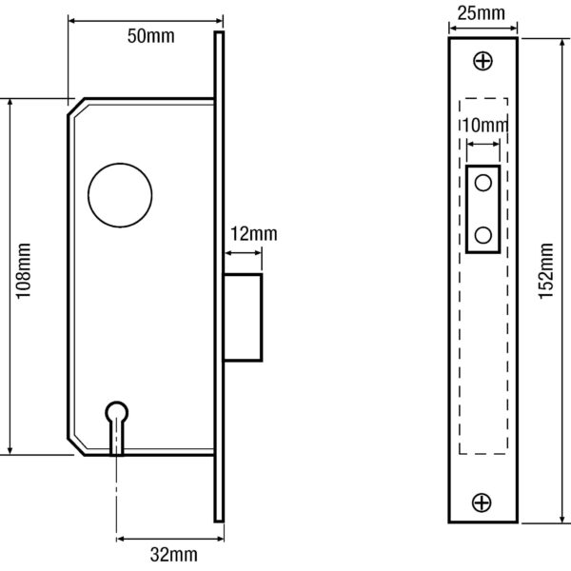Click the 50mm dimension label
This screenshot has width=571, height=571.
150,36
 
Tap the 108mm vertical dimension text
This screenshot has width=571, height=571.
23,271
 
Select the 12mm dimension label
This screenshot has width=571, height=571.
254,234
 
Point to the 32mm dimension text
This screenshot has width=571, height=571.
174,555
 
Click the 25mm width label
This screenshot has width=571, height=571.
481,13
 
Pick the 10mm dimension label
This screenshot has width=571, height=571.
485,126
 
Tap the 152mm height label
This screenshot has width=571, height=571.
546,271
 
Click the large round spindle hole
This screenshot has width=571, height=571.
120,195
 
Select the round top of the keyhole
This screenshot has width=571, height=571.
117,412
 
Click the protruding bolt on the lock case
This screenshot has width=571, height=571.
243,318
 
